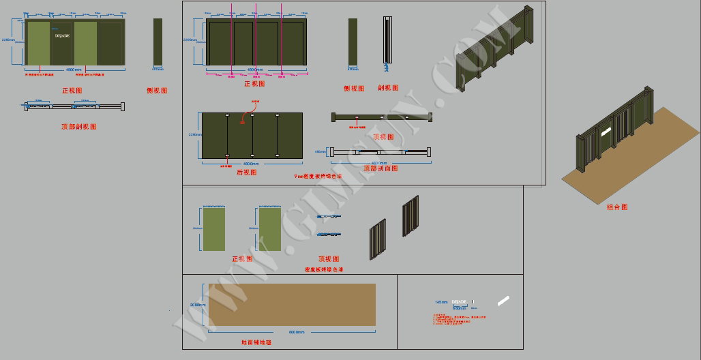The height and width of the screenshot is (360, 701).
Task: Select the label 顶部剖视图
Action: point(78,127)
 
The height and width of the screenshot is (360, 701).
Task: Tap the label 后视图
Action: point(246,172)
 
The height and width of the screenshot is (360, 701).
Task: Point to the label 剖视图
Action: point(388,88)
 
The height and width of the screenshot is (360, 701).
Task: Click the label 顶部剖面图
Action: point(380,168)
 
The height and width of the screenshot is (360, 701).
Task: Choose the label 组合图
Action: point(617,207)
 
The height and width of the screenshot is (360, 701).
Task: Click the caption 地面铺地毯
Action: point(256,342)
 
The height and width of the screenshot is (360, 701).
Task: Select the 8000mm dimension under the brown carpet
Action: point(297,332)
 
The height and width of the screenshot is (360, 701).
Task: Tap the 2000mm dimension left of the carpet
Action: point(197,305)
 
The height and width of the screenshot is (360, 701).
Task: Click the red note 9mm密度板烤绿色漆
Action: point(318,176)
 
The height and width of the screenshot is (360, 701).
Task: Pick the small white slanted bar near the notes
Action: point(504,300)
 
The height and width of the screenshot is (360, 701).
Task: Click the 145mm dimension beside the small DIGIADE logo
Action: point(441,301)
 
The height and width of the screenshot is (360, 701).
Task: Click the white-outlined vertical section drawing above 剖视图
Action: point(388,40)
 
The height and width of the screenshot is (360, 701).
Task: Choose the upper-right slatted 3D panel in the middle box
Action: point(410,215)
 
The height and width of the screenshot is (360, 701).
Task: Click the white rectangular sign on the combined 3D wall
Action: point(605,131)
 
